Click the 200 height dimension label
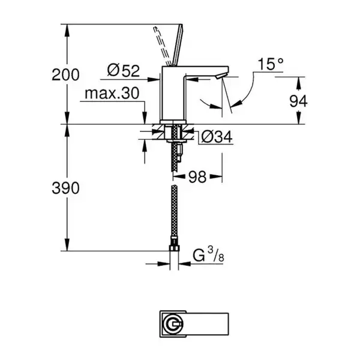[x=65, y=74]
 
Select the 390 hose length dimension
[x=65, y=188]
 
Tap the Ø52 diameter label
[x=124, y=70]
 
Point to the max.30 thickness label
[x=112, y=93]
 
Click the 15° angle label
[x=271, y=64]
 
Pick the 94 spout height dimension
[x=298, y=101]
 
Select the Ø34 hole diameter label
[x=217, y=137]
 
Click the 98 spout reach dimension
[x=197, y=177]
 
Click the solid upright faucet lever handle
[x=178, y=45]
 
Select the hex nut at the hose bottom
[x=174, y=248]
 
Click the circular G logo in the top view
[x=173, y=324]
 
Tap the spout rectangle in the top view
[x=207, y=324]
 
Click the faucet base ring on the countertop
[x=173, y=122]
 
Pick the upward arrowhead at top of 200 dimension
[x=67, y=30]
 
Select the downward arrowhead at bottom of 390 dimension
[x=67, y=245]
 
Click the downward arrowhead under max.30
[x=145, y=118]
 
